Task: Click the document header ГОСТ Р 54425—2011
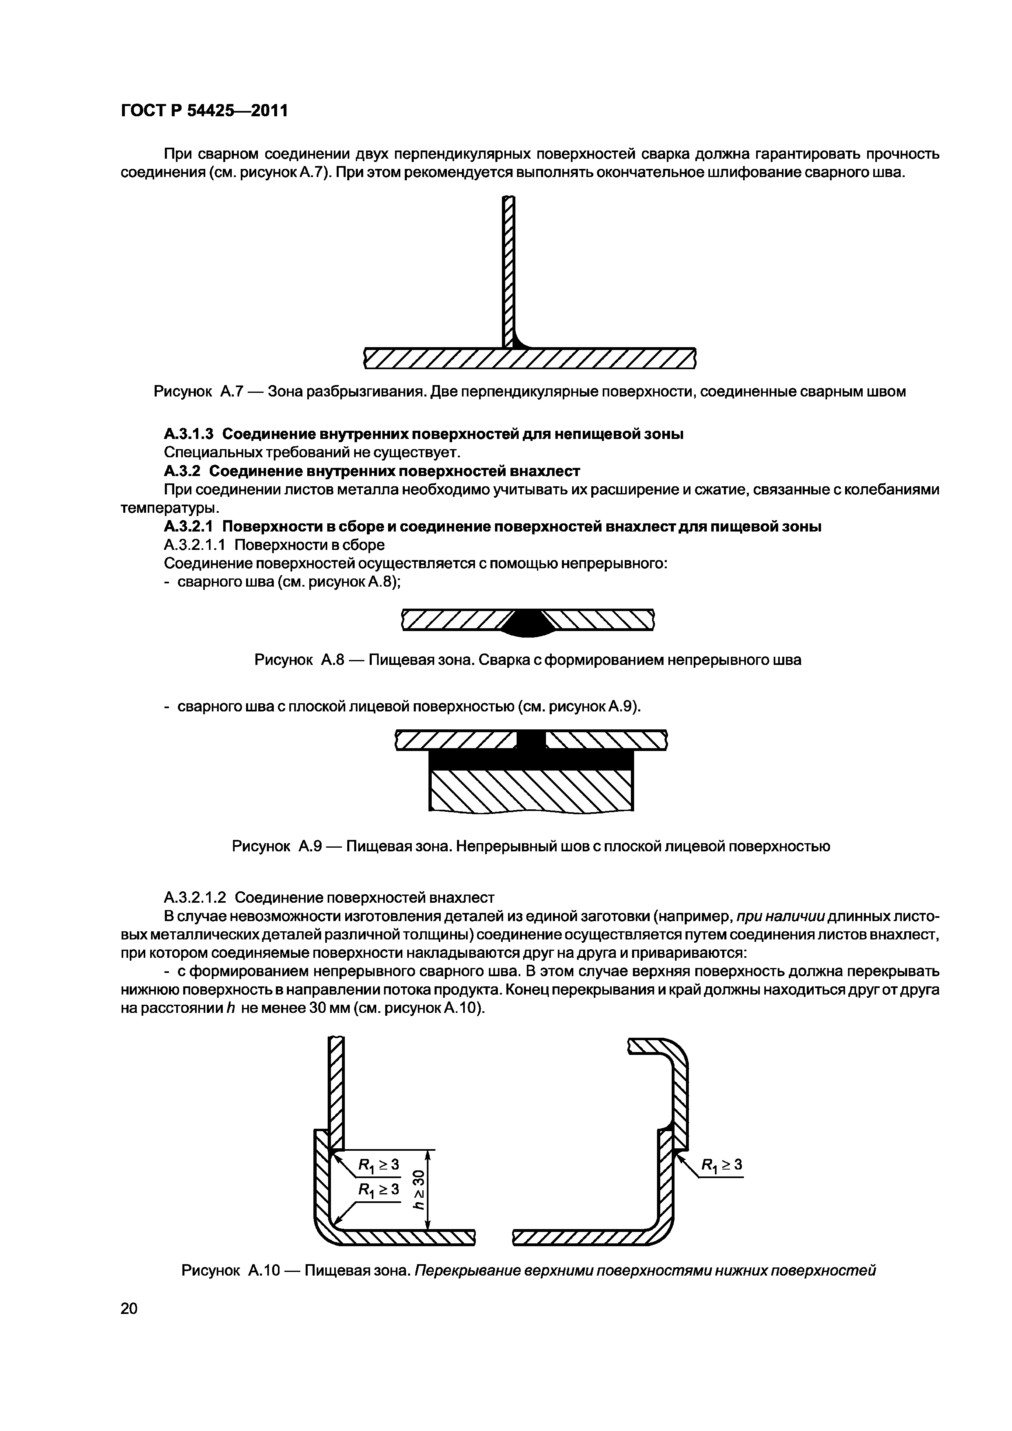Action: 204,111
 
